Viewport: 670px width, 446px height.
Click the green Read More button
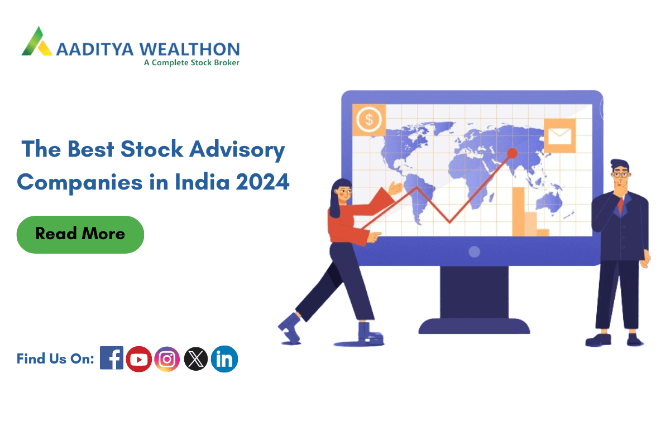tap(80, 235)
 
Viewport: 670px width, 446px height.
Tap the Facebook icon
tap(112, 358)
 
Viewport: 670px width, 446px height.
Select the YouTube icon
tap(139, 359)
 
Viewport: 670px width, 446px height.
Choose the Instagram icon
tap(167, 359)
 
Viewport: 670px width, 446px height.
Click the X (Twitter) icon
tap(195, 359)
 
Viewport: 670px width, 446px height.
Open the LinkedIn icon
tap(224, 359)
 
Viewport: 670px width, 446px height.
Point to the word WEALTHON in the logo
tap(190, 49)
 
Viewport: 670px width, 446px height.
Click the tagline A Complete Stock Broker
tap(192, 63)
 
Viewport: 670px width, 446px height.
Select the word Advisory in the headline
tap(237, 149)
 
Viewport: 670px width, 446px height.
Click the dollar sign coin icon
tap(369, 119)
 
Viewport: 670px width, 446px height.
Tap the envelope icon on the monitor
tap(559, 136)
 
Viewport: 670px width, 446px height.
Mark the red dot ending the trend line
tap(512, 153)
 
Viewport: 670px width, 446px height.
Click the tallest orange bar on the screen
tap(518, 211)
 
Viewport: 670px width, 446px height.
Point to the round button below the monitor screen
tap(474, 251)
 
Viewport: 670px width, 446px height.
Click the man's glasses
tap(621, 174)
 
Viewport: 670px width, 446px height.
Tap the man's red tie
tap(621, 205)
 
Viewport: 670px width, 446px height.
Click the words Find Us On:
tap(55, 359)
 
